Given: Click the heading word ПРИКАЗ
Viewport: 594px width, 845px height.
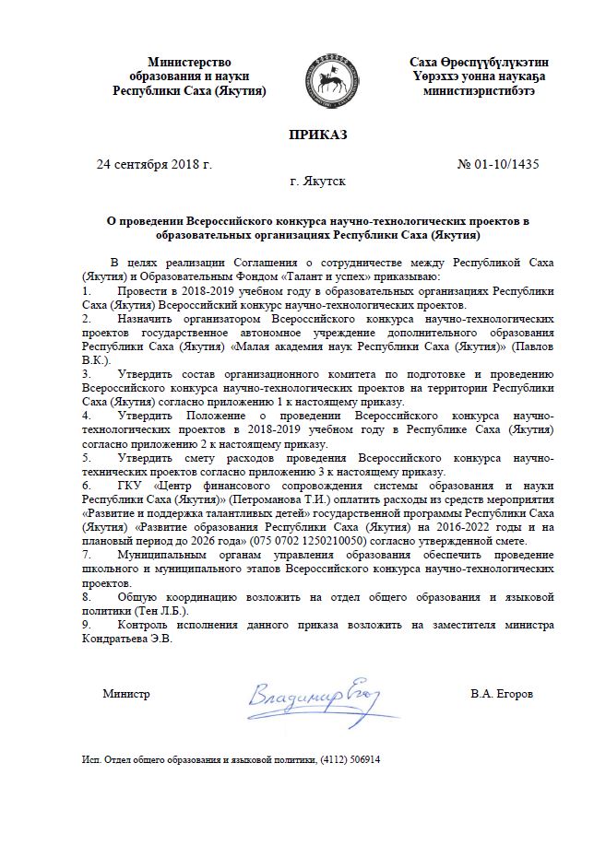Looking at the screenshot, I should (x=317, y=135).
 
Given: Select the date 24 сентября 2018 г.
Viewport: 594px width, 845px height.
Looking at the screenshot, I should (x=155, y=165).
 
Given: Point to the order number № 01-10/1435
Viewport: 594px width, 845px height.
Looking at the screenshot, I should (x=498, y=165).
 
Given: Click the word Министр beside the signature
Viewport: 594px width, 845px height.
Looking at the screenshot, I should (x=126, y=693).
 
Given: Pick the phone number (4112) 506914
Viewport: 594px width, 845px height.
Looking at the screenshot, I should (x=350, y=761).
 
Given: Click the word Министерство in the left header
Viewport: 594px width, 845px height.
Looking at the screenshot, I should (x=189, y=62).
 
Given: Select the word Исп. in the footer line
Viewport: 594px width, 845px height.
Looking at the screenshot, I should (x=91, y=761).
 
